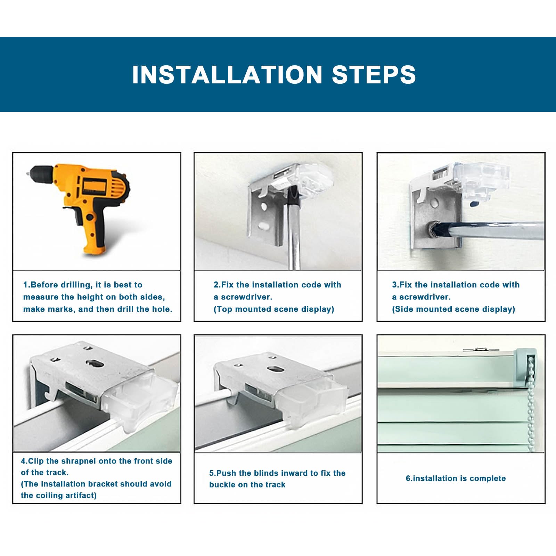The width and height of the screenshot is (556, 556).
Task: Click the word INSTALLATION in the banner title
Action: tap(228, 74)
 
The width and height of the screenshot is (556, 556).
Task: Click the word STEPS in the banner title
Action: tap(374, 74)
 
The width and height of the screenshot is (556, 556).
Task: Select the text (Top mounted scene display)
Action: tap(274, 309)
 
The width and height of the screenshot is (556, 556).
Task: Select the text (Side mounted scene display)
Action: tap(453, 309)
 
